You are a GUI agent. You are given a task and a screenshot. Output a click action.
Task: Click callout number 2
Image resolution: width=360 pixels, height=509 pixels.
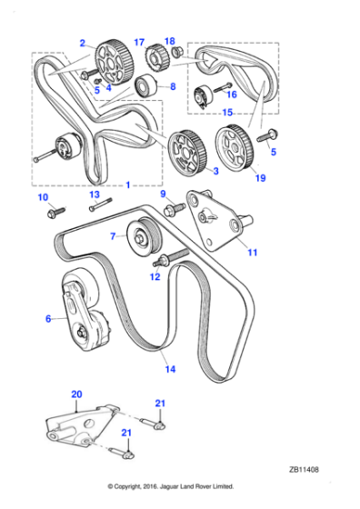[x=82, y=43]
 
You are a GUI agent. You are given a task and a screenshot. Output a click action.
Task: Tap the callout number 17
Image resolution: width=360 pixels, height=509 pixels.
[x=139, y=42]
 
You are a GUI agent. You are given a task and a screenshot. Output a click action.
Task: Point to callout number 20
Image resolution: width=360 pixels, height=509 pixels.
[x=75, y=395]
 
